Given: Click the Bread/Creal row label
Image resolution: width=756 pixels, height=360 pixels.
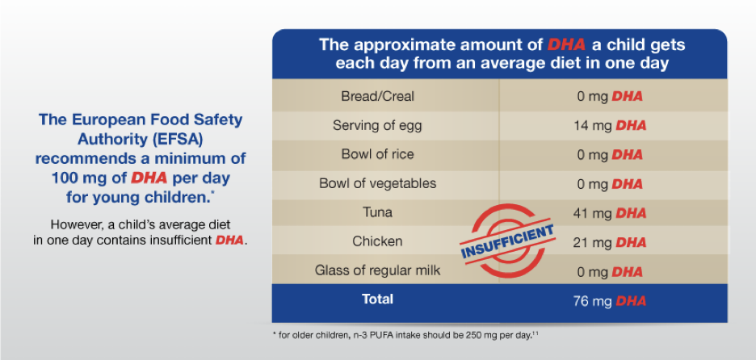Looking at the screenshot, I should click(377, 96).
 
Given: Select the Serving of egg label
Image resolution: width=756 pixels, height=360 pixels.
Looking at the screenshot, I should click(377, 125).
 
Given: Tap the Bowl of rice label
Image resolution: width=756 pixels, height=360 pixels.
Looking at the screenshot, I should click(377, 154).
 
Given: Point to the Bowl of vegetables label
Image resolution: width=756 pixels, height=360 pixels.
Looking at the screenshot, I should click(377, 183).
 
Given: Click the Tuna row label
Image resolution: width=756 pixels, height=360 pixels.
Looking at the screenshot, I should click(377, 212).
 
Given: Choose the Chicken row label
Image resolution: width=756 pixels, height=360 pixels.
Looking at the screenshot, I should click(377, 241).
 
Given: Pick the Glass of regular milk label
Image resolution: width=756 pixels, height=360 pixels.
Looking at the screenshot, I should click(377, 270).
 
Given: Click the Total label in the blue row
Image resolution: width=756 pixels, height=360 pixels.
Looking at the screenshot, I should click(377, 299).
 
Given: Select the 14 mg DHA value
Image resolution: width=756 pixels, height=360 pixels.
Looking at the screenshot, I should click(611, 125).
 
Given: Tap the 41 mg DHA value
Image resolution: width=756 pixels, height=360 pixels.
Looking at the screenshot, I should click(611, 213).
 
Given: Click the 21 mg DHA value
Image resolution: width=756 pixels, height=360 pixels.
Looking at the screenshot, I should click(611, 242).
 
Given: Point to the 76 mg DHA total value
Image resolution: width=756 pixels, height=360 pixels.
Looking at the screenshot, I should click(611, 301).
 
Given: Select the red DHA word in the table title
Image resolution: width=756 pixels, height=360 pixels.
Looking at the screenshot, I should click(566, 44).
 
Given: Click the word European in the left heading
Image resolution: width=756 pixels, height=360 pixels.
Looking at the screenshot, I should click(103, 119).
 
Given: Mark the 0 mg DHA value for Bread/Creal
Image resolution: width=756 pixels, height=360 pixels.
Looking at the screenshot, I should click(611, 96).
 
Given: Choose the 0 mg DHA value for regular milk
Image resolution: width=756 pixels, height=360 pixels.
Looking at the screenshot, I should click(611, 271).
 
